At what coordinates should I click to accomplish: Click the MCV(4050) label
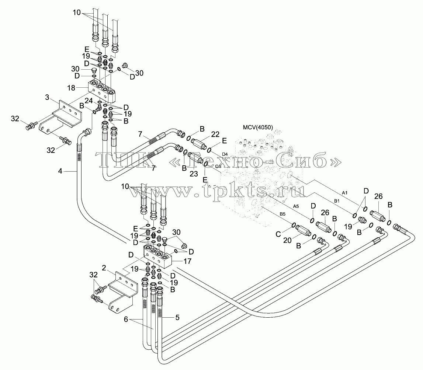(258, 127)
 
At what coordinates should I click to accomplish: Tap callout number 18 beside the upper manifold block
(71, 88)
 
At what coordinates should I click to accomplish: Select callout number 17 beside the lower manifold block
(187, 261)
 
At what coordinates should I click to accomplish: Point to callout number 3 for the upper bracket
(47, 97)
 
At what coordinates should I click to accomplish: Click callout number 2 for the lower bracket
(104, 268)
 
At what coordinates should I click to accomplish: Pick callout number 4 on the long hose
(60, 171)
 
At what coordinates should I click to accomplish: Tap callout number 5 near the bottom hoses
(177, 317)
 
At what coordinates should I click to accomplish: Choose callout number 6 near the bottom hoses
(126, 320)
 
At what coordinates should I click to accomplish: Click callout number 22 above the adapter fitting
(215, 134)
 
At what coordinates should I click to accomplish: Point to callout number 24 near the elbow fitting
(89, 101)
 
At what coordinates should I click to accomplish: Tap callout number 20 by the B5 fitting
(287, 240)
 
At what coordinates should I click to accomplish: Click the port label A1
(344, 193)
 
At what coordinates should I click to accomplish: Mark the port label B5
(282, 214)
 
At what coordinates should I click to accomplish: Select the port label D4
(225, 154)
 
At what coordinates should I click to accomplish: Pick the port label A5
(296, 206)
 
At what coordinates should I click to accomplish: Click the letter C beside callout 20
(278, 234)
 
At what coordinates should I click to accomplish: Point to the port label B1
(337, 201)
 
